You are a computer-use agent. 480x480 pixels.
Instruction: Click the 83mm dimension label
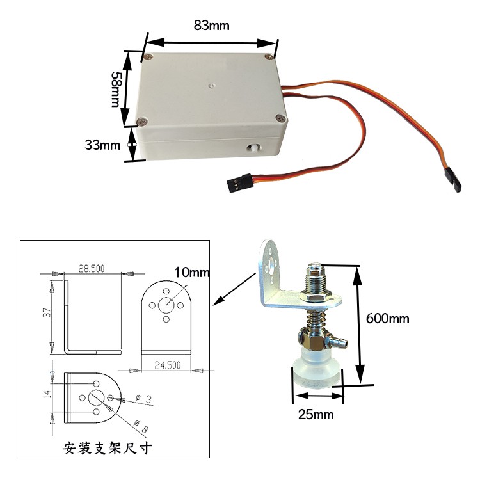click(x=212, y=26)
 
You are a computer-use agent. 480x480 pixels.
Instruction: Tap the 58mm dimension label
click(x=115, y=90)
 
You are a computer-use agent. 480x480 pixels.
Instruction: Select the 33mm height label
click(x=102, y=145)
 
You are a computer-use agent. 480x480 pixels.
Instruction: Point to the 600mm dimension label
click(x=388, y=319)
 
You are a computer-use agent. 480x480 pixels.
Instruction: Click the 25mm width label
click(x=316, y=415)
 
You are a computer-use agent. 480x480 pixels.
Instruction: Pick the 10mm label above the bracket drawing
click(x=192, y=272)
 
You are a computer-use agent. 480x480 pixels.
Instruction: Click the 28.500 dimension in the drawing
click(x=92, y=268)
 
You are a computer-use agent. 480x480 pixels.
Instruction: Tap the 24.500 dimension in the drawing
click(x=168, y=365)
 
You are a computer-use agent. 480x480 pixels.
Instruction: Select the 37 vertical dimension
click(x=47, y=312)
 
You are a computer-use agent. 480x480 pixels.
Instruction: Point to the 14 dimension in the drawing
click(x=47, y=394)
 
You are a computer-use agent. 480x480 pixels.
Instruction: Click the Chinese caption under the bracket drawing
click(x=107, y=448)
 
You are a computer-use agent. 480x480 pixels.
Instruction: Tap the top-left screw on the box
click(x=148, y=56)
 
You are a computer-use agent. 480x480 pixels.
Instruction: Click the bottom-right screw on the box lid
click(x=280, y=118)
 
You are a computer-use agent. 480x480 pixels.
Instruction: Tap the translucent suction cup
click(x=316, y=370)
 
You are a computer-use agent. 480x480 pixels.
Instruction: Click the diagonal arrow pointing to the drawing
click(x=234, y=289)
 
